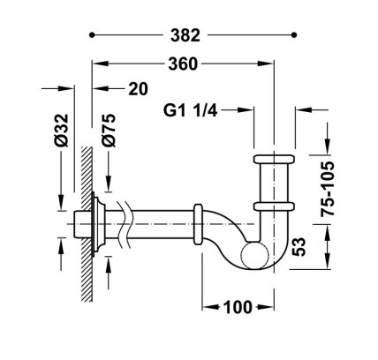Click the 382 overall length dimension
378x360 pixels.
coord(185,35)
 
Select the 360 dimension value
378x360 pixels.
coord(183,64)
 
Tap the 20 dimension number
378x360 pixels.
coord(138,89)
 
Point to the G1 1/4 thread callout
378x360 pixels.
coord(190,110)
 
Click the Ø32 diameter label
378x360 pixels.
coord(62,131)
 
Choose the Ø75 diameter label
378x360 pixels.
coord(109,131)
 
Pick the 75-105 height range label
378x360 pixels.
coord(328,189)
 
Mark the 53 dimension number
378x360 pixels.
coord(299,247)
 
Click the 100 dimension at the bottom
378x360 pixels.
coord(238,307)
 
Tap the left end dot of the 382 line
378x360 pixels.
coord(92,35)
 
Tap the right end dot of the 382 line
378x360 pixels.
coord(293,35)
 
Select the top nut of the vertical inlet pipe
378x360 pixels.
coord(274,159)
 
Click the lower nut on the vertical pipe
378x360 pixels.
coord(274,206)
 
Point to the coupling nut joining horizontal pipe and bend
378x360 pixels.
coord(198,224)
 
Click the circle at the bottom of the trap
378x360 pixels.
coord(255,255)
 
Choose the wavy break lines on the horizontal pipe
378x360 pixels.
coord(125,224)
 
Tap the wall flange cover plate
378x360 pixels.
coord(98,224)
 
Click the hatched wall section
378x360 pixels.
coord(87,224)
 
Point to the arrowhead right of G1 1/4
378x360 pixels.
coord(246,110)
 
